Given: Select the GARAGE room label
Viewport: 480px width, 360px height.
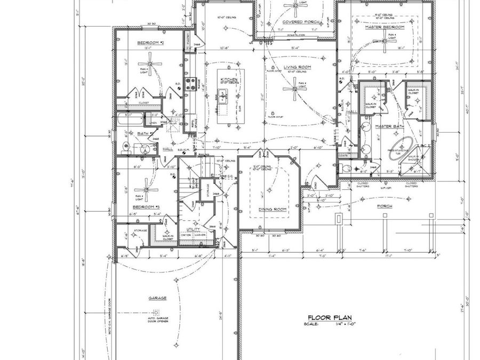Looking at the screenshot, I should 157,298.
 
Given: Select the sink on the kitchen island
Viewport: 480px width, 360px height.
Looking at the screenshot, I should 225,96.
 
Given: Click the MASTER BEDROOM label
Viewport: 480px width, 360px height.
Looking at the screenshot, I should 384,27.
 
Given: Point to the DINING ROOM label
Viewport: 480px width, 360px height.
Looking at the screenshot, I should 273,209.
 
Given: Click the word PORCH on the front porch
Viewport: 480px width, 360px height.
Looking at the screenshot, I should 384,206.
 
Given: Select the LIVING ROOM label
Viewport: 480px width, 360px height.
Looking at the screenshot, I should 297,67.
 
